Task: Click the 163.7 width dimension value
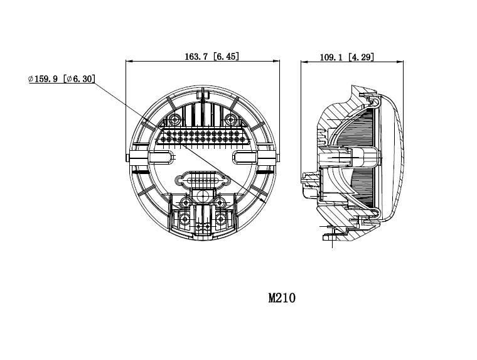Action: click(196, 57)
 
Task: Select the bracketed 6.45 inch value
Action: click(226, 57)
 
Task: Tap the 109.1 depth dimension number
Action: click(331, 57)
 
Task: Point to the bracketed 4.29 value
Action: click(361, 57)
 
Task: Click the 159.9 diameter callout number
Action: click(46, 79)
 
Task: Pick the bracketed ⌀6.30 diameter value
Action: click(79, 79)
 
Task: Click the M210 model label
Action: click(282, 298)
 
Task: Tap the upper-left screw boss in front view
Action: click(175, 119)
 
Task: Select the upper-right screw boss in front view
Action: click(230, 119)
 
